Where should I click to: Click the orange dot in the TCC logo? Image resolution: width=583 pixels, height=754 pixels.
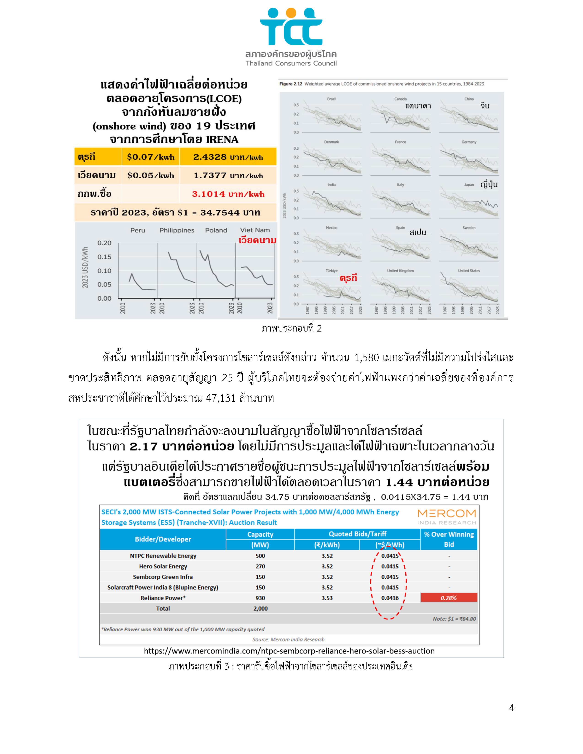(x=291, y=13)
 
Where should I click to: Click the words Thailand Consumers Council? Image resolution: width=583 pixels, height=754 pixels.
(x=291, y=63)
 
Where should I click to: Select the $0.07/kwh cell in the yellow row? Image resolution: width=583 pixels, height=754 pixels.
(x=151, y=157)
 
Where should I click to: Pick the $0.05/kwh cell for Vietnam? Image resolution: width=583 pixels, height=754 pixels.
(x=151, y=175)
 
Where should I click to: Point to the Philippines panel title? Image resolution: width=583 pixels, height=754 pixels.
(x=177, y=230)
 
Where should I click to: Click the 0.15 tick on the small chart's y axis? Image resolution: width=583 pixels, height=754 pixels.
(x=104, y=257)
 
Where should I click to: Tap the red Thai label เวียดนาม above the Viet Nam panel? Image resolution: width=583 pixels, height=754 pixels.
(x=257, y=240)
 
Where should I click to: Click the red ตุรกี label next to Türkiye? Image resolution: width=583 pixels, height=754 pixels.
(x=348, y=278)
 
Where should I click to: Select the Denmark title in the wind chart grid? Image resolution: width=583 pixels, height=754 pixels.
(x=332, y=142)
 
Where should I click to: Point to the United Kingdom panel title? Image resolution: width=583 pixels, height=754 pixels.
(x=400, y=271)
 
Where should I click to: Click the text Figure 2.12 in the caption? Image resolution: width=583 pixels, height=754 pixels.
(x=290, y=84)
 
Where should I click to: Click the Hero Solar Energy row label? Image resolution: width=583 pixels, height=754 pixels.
(x=163, y=566)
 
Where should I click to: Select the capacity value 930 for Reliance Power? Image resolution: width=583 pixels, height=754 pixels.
(x=260, y=598)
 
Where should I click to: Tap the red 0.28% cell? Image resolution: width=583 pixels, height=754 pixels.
(x=449, y=598)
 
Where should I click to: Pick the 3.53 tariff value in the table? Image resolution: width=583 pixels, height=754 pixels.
(x=327, y=598)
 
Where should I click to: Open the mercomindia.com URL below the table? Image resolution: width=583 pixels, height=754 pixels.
(x=289, y=651)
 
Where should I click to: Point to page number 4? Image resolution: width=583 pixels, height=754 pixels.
(x=511, y=708)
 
